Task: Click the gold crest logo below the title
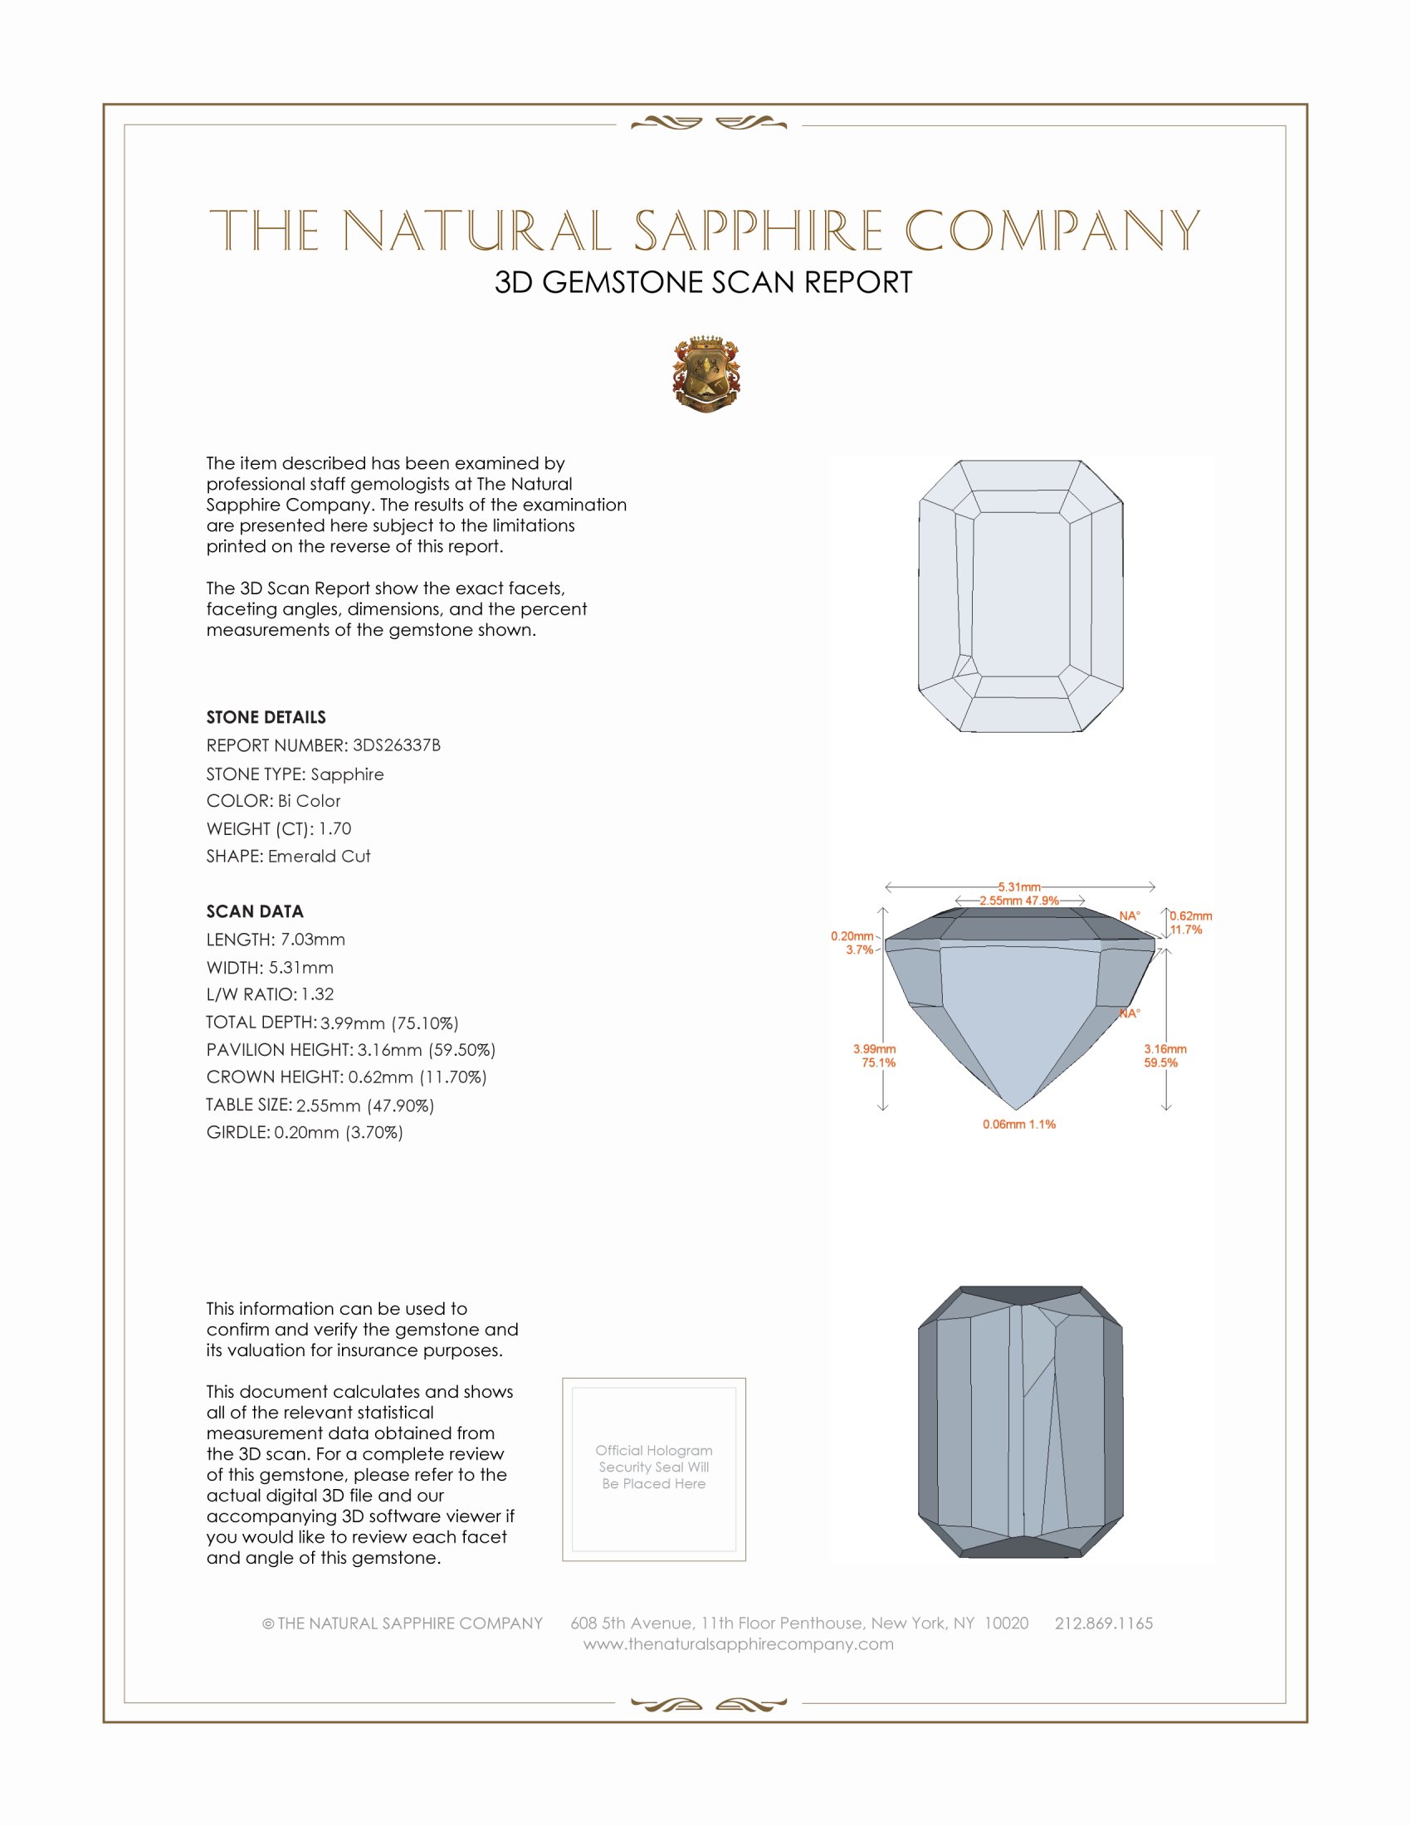coord(706,373)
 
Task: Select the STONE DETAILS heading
coord(266,717)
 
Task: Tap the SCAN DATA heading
coord(255,911)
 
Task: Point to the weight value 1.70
coord(334,828)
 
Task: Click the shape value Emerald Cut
coord(319,857)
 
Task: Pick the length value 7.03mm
coord(313,940)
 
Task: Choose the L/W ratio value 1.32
coord(318,994)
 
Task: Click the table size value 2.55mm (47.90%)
coord(365,1106)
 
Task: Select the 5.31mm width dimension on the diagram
coord(1019,886)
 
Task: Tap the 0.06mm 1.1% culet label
coord(1019,1125)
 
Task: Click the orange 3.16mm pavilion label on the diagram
coord(1165,1049)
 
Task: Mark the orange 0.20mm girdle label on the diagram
coord(852,936)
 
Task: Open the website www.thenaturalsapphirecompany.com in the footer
coord(738,1643)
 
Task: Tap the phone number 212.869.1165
coord(1103,1623)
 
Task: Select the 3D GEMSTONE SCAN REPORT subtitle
coord(703,282)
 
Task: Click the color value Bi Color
coord(310,801)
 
